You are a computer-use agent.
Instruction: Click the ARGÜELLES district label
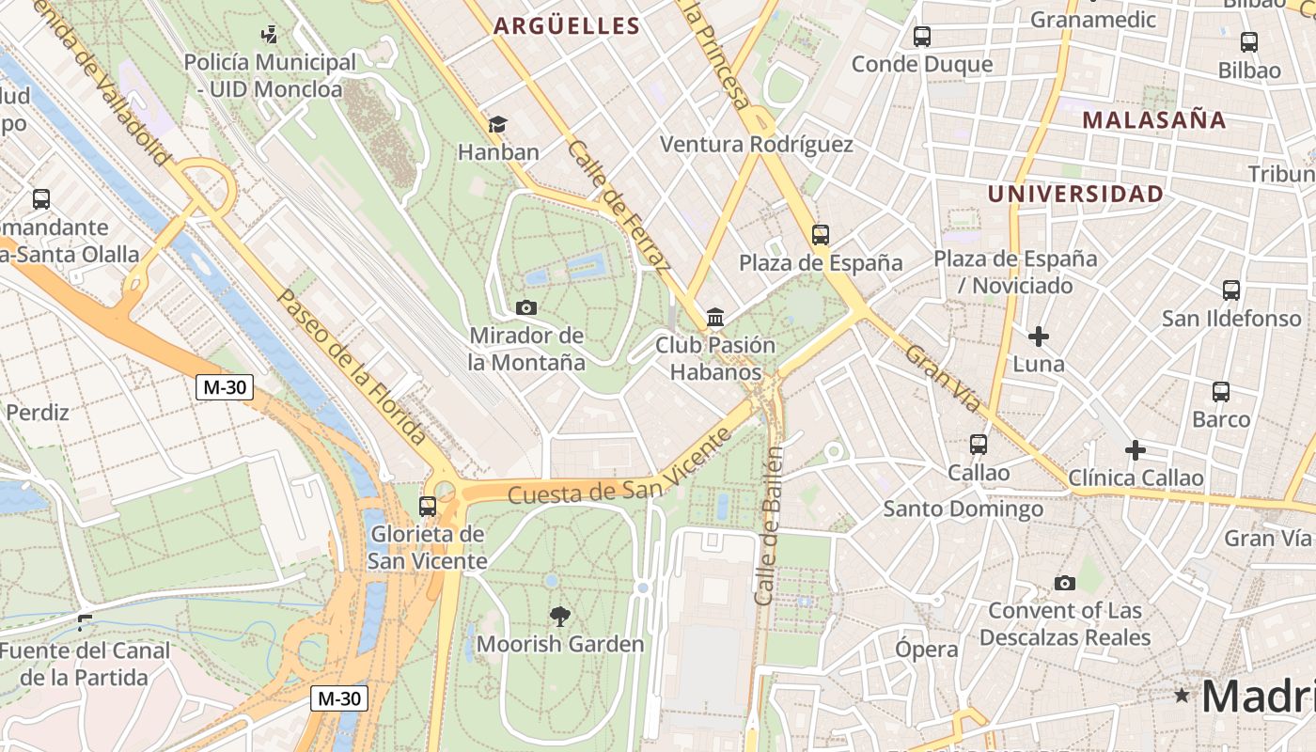(567, 26)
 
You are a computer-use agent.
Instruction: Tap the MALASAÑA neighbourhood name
(1154, 120)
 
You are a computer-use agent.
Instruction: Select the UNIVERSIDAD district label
(1075, 195)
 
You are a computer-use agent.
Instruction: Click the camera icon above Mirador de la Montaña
(526, 307)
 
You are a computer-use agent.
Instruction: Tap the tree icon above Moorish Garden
(560, 617)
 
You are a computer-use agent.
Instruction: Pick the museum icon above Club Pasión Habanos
(715, 318)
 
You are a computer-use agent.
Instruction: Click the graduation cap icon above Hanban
(497, 124)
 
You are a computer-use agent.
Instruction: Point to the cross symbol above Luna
(1039, 337)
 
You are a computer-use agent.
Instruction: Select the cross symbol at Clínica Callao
(1136, 451)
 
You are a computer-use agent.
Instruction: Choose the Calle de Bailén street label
(768, 526)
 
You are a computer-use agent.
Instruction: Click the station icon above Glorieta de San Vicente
(428, 507)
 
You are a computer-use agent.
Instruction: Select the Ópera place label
(926, 650)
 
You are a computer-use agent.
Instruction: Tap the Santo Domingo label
(963, 509)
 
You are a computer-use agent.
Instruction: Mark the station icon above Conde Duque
(922, 37)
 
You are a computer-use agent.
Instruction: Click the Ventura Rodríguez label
(757, 145)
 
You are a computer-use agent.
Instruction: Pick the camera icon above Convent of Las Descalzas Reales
(1064, 583)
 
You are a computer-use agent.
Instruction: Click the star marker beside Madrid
(1182, 696)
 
